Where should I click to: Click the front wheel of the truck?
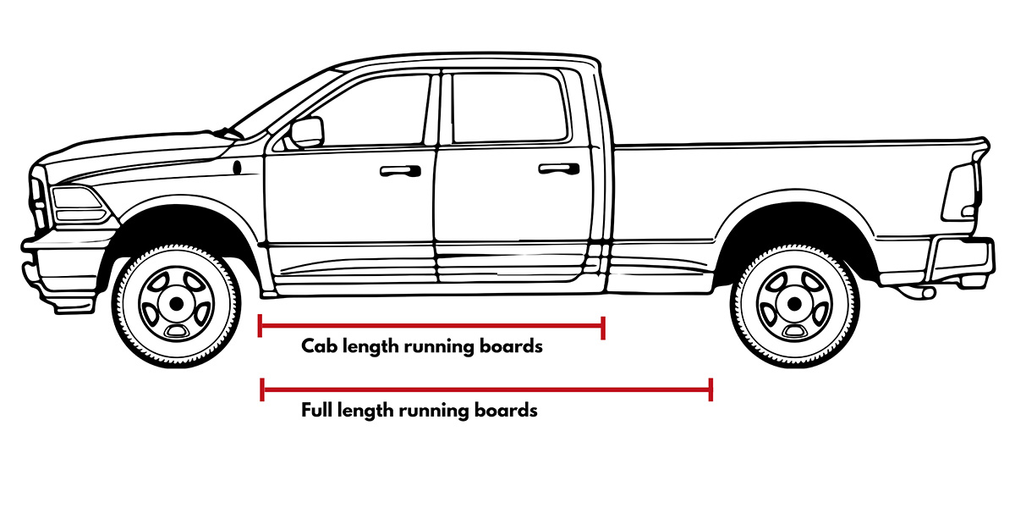tap(177, 302)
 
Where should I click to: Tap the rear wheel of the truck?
tap(794, 302)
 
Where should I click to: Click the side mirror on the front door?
tap(306, 132)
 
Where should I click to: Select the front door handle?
tap(400, 171)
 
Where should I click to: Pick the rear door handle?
tap(559, 168)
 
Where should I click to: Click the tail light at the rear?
tap(960, 190)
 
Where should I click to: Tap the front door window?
tap(372, 111)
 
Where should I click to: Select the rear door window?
tap(507, 106)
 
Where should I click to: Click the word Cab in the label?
tap(320, 346)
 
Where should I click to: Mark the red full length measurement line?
tap(486, 389)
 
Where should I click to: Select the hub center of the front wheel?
tap(177, 302)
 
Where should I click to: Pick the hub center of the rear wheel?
tap(794, 302)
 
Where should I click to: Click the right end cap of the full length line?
tap(711, 389)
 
